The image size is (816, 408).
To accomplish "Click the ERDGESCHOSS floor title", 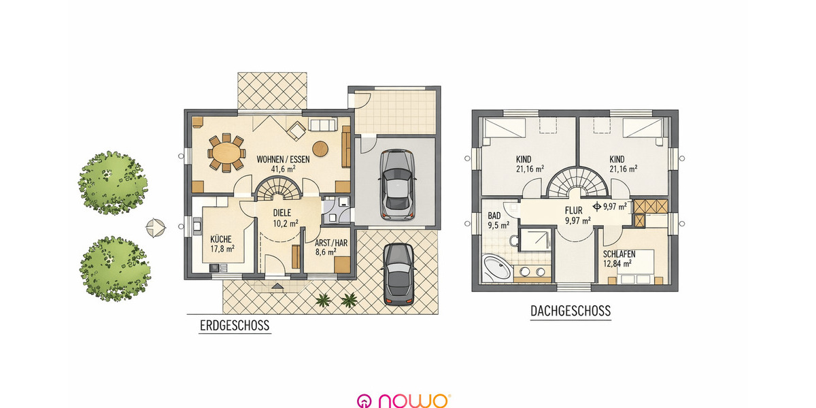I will pos(234,326).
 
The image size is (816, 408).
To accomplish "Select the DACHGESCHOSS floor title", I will pos(570,311).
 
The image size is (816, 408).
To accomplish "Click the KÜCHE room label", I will pos(222,243).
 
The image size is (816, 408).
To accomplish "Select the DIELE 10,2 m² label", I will pos(286,217).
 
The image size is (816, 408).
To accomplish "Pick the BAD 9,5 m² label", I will pos(498,220).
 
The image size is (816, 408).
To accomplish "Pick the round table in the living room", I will pos(321,147).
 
